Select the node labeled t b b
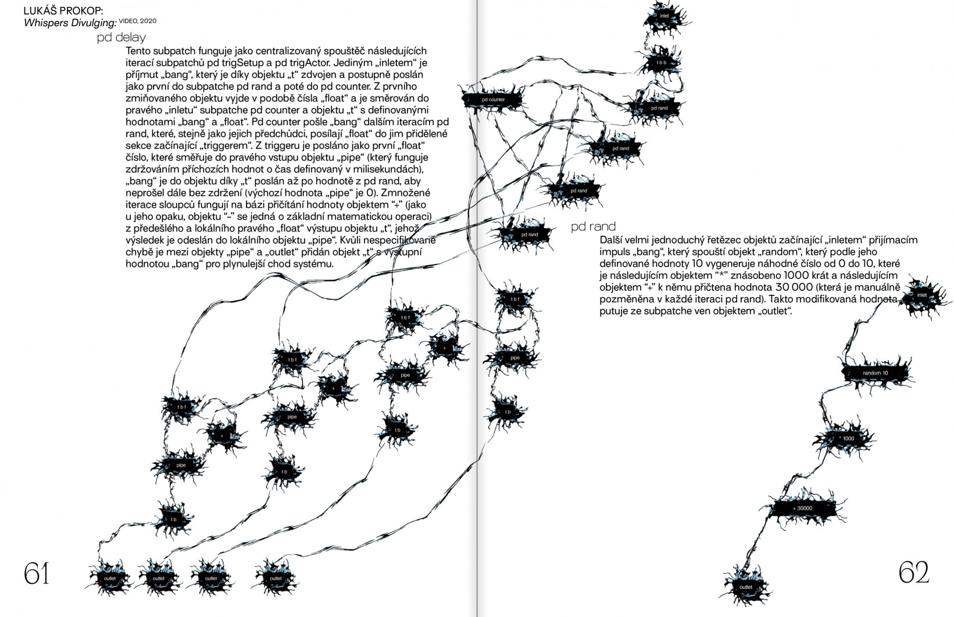pyautogui.click(x=661, y=62)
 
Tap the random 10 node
pyautogui.click(x=875, y=373)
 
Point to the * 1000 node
pyautogui.click(x=847, y=438)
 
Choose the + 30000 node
pyautogui.click(x=802, y=508)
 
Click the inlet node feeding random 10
pyautogui.click(x=921, y=295)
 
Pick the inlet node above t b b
pyautogui.click(x=664, y=16)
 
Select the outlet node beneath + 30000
pyautogui.click(x=745, y=587)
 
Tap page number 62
pyautogui.click(x=914, y=573)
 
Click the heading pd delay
pyautogui.click(x=121, y=38)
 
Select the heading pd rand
pyautogui.click(x=593, y=226)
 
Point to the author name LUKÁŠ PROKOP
pyautogui.click(x=63, y=10)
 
